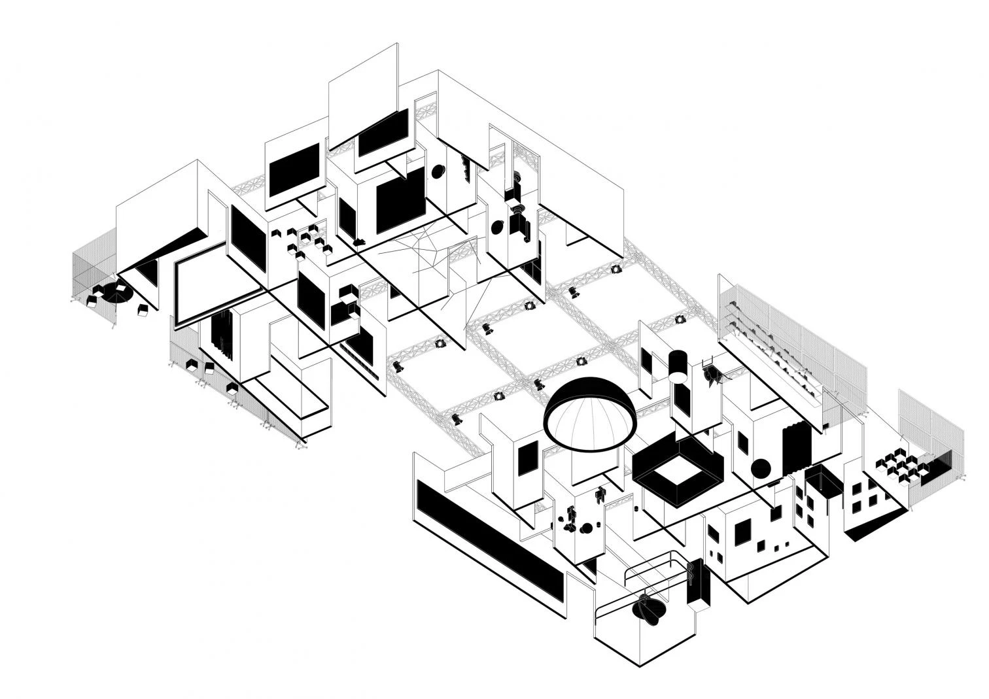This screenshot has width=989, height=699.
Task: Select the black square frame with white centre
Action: click(678, 469)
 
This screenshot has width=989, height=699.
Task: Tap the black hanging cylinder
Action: click(678, 365)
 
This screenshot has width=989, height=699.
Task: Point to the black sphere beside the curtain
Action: click(761, 469)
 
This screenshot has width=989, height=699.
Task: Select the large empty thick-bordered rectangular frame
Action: click(216, 288)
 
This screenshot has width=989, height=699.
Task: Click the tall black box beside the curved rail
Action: click(699, 581)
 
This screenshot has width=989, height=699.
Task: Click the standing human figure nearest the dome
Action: click(600, 494)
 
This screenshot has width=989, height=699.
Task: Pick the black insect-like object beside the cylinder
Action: click(713, 375)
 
